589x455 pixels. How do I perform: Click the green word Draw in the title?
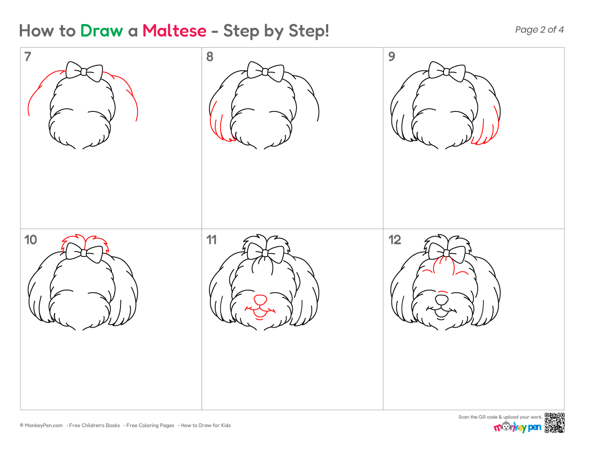click(x=101, y=31)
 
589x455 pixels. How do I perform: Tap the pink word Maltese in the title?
click(x=175, y=31)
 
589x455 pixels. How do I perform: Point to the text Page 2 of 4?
click(x=539, y=29)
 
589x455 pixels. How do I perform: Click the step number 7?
click(x=27, y=57)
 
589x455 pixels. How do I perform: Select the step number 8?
click(x=209, y=57)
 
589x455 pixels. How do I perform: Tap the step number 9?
click(x=391, y=57)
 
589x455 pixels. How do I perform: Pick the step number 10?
click(x=31, y=240)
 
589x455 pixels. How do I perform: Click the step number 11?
click(x=212, y=240)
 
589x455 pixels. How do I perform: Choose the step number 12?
click(x=395, y=240)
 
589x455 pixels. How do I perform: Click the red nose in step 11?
click(x=260, y=300)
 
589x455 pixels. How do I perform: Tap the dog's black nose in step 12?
click(x=441, y=300)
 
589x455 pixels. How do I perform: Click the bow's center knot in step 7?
click(x=84, y=72)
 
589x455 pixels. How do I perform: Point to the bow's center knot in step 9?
click(x=447, y=72)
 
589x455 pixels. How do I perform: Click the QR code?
click(x=554, y=423)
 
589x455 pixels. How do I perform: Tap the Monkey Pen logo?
click(x=517, y=427)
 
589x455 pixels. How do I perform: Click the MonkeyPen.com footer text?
click(x=41, y=426)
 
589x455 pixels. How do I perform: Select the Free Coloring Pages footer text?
click(x=150, y=426)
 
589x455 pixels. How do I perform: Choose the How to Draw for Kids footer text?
click(x=206, y=426)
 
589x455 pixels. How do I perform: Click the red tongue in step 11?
click(x=259, y=314)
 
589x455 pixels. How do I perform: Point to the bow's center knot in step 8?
click(x=265, y=72)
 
